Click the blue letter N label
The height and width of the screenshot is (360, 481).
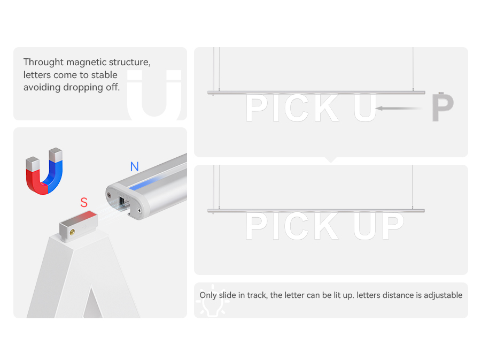point(134,167)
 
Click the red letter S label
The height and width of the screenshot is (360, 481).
point(84,203)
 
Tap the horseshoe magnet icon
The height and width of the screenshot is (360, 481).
point(44,171)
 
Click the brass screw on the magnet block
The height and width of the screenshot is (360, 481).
point(72,232)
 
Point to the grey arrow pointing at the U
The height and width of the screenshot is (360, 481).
point(399,109)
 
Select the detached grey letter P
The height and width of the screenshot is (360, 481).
point(442,107)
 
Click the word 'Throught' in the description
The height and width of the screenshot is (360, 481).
point(43,62)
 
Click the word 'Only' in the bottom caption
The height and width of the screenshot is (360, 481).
point(208,295)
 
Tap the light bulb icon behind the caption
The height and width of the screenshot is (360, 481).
point(213,301)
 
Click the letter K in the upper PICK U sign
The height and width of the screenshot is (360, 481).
point(327,108)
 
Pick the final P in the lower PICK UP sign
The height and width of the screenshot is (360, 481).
point(393,226)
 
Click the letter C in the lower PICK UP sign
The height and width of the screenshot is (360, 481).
point(296,226)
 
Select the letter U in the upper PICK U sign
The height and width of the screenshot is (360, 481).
point(364,108)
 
